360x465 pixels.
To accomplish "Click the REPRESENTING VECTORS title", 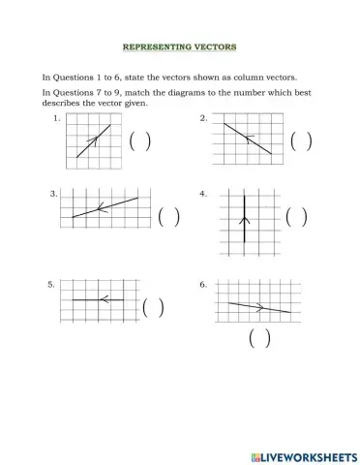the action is (x=180, y=46).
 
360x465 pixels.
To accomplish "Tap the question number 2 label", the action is (x=204, y=117).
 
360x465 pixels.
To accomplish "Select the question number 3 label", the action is (x=54, y=194).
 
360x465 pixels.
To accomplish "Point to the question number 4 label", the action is (x=203, y=194).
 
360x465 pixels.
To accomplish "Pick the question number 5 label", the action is (x=51, y=284).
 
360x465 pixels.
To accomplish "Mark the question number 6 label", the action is (x=203, y=284).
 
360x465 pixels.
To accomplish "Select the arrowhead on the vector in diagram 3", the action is (x=101, y=208).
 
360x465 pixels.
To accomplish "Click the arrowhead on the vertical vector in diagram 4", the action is (x=245, y=221).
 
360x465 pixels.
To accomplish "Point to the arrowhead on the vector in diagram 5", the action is (x=102, y=299).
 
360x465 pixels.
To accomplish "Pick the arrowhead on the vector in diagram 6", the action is (x=259, y=307).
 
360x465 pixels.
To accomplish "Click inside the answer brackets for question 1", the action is (x=139, y=140).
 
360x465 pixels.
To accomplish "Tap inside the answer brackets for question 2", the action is (x=301, y=141).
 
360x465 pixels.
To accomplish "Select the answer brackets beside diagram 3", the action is (x=169, y=216).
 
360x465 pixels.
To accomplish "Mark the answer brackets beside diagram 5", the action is (x=153, y=308).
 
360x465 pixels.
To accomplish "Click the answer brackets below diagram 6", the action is (x=258, y=338).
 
